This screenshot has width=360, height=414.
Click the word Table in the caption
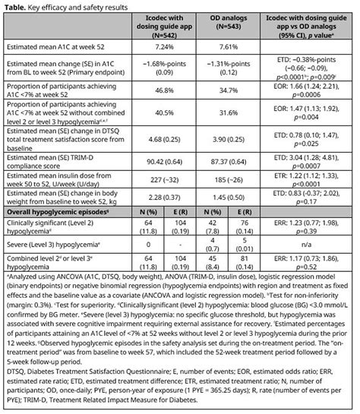click(17, 5)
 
